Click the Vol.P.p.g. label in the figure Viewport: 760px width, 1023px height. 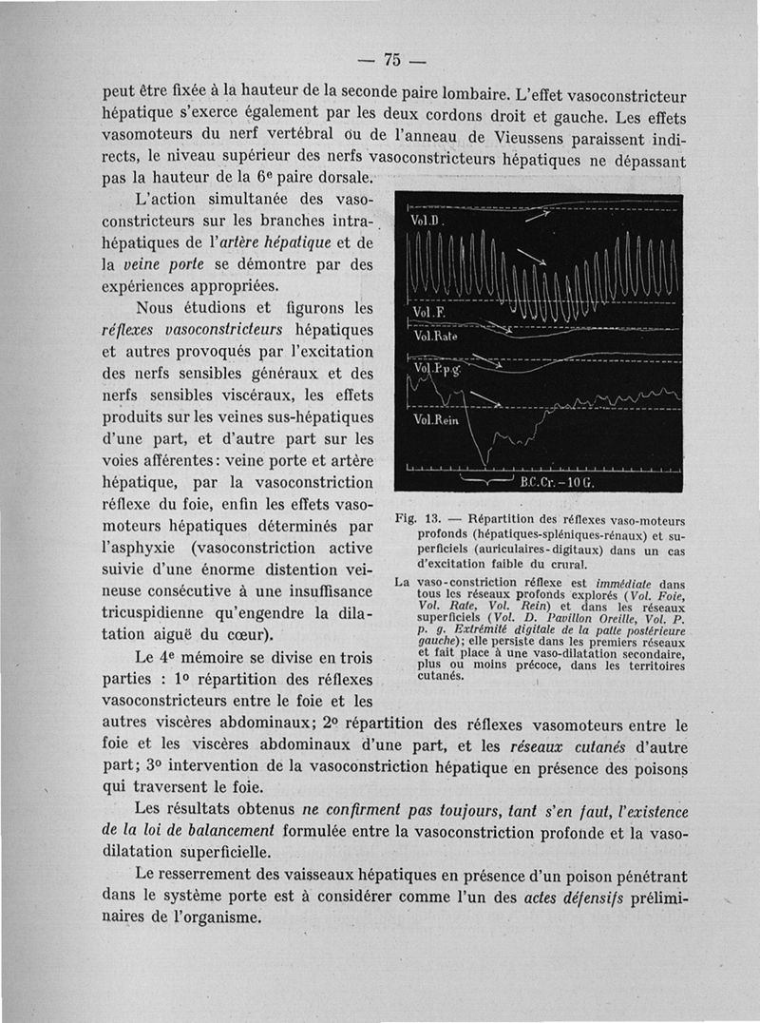tap(431, 369)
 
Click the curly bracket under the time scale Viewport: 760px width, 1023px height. tap(486, 481)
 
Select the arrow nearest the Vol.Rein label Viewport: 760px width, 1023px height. tap(486, 398)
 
